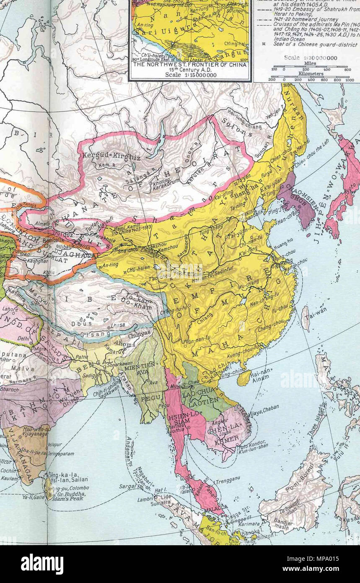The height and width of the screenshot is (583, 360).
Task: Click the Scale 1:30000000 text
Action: tap(311, 58)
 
